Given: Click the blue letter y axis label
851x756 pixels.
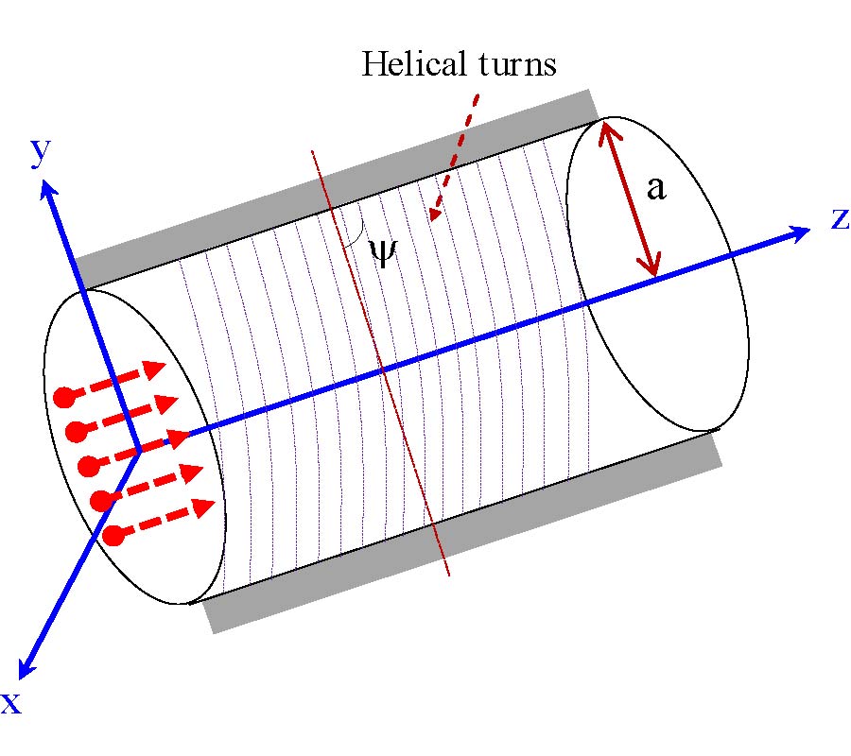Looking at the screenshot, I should (40, 151).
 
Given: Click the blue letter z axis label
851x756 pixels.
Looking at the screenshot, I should (840, 218).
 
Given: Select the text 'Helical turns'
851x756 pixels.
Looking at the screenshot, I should (460, 64).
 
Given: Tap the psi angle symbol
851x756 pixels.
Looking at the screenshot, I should (382, 252).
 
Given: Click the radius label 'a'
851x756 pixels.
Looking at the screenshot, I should (656, 188).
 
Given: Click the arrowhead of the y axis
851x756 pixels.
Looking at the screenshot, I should (47, 189).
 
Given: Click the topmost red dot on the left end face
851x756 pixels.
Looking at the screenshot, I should (64, 397).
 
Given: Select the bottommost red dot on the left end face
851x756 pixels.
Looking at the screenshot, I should (113, 536).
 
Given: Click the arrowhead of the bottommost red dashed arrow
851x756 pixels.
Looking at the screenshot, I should (201, 508).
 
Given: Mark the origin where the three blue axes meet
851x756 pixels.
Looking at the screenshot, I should (139, 450).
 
